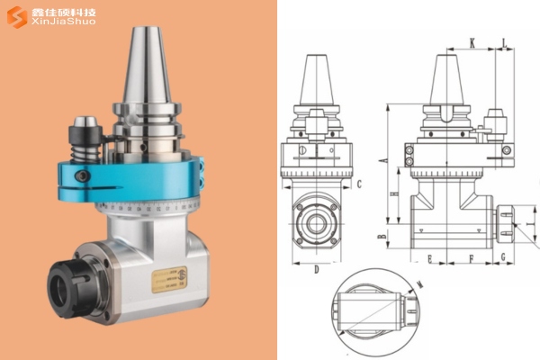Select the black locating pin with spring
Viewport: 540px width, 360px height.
pyautogui.click(x=85, y=135)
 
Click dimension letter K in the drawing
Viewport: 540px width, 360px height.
pyautogui.click(x=472, y=42)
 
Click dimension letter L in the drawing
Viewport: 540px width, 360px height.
pyautogui.click(x=503, y=42)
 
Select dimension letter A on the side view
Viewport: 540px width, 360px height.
pyautogui.click(x=382, y=159)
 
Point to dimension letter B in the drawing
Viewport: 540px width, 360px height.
pyautogui.click(x=382, y=236)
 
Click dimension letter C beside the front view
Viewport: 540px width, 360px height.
pyautogui.click(x=359, y=184)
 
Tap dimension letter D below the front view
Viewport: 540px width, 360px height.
pyautogui.click(x=317, y=267)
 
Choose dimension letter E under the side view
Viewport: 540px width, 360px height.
pyautogui.click(x=430, y=257)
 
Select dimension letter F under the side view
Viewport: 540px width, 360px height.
pyautogui.click(x=472, y=257)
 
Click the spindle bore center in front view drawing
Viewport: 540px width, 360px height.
pyautogui.click(x=318, y=220)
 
